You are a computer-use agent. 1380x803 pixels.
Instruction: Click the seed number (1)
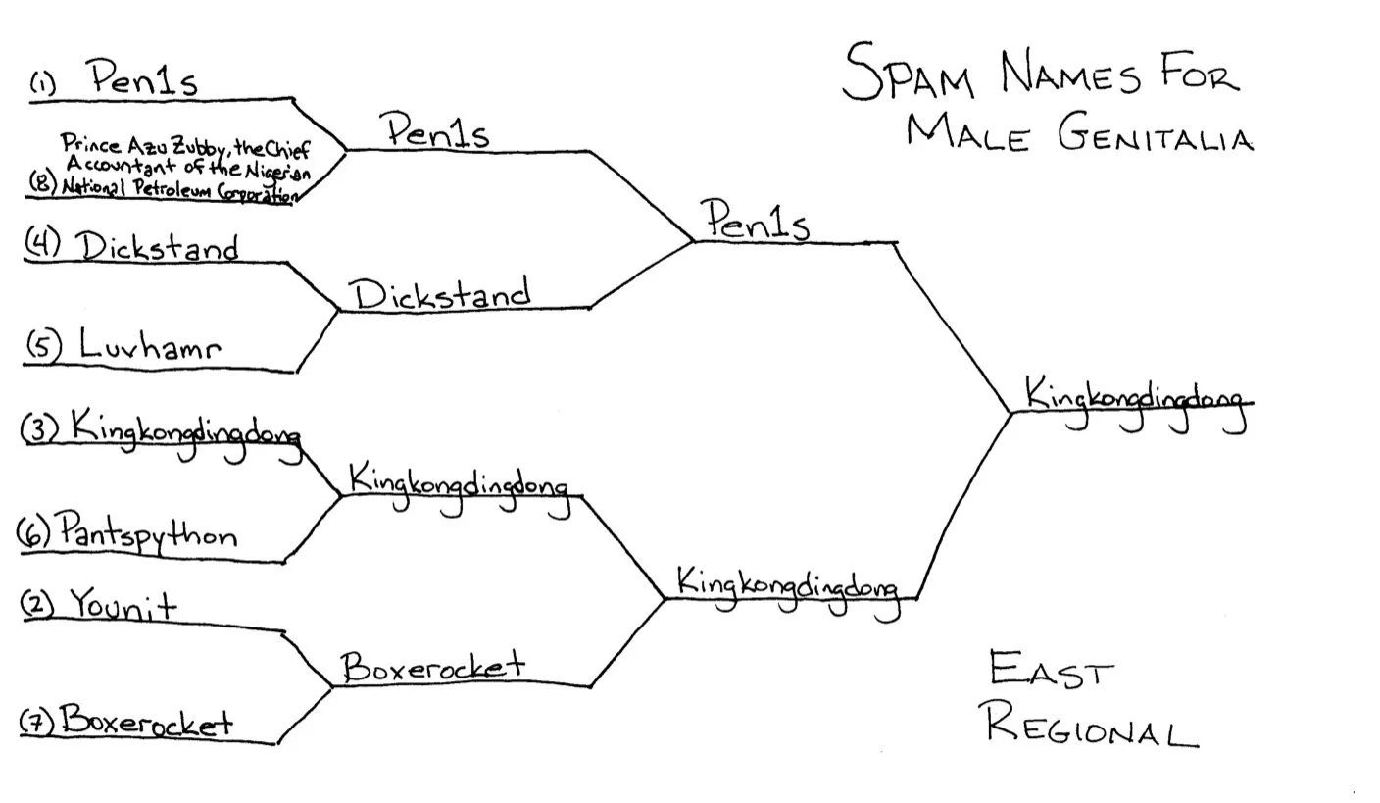coord(41,85)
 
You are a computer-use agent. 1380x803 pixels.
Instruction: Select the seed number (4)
coord(42,243)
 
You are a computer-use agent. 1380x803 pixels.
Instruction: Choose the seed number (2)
coord(37,604)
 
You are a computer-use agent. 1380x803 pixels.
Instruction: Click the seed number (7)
coord(38,723)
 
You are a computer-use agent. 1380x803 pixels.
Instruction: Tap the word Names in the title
coord(1069,75)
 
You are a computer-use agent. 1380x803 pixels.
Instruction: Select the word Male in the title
coord(966,133)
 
